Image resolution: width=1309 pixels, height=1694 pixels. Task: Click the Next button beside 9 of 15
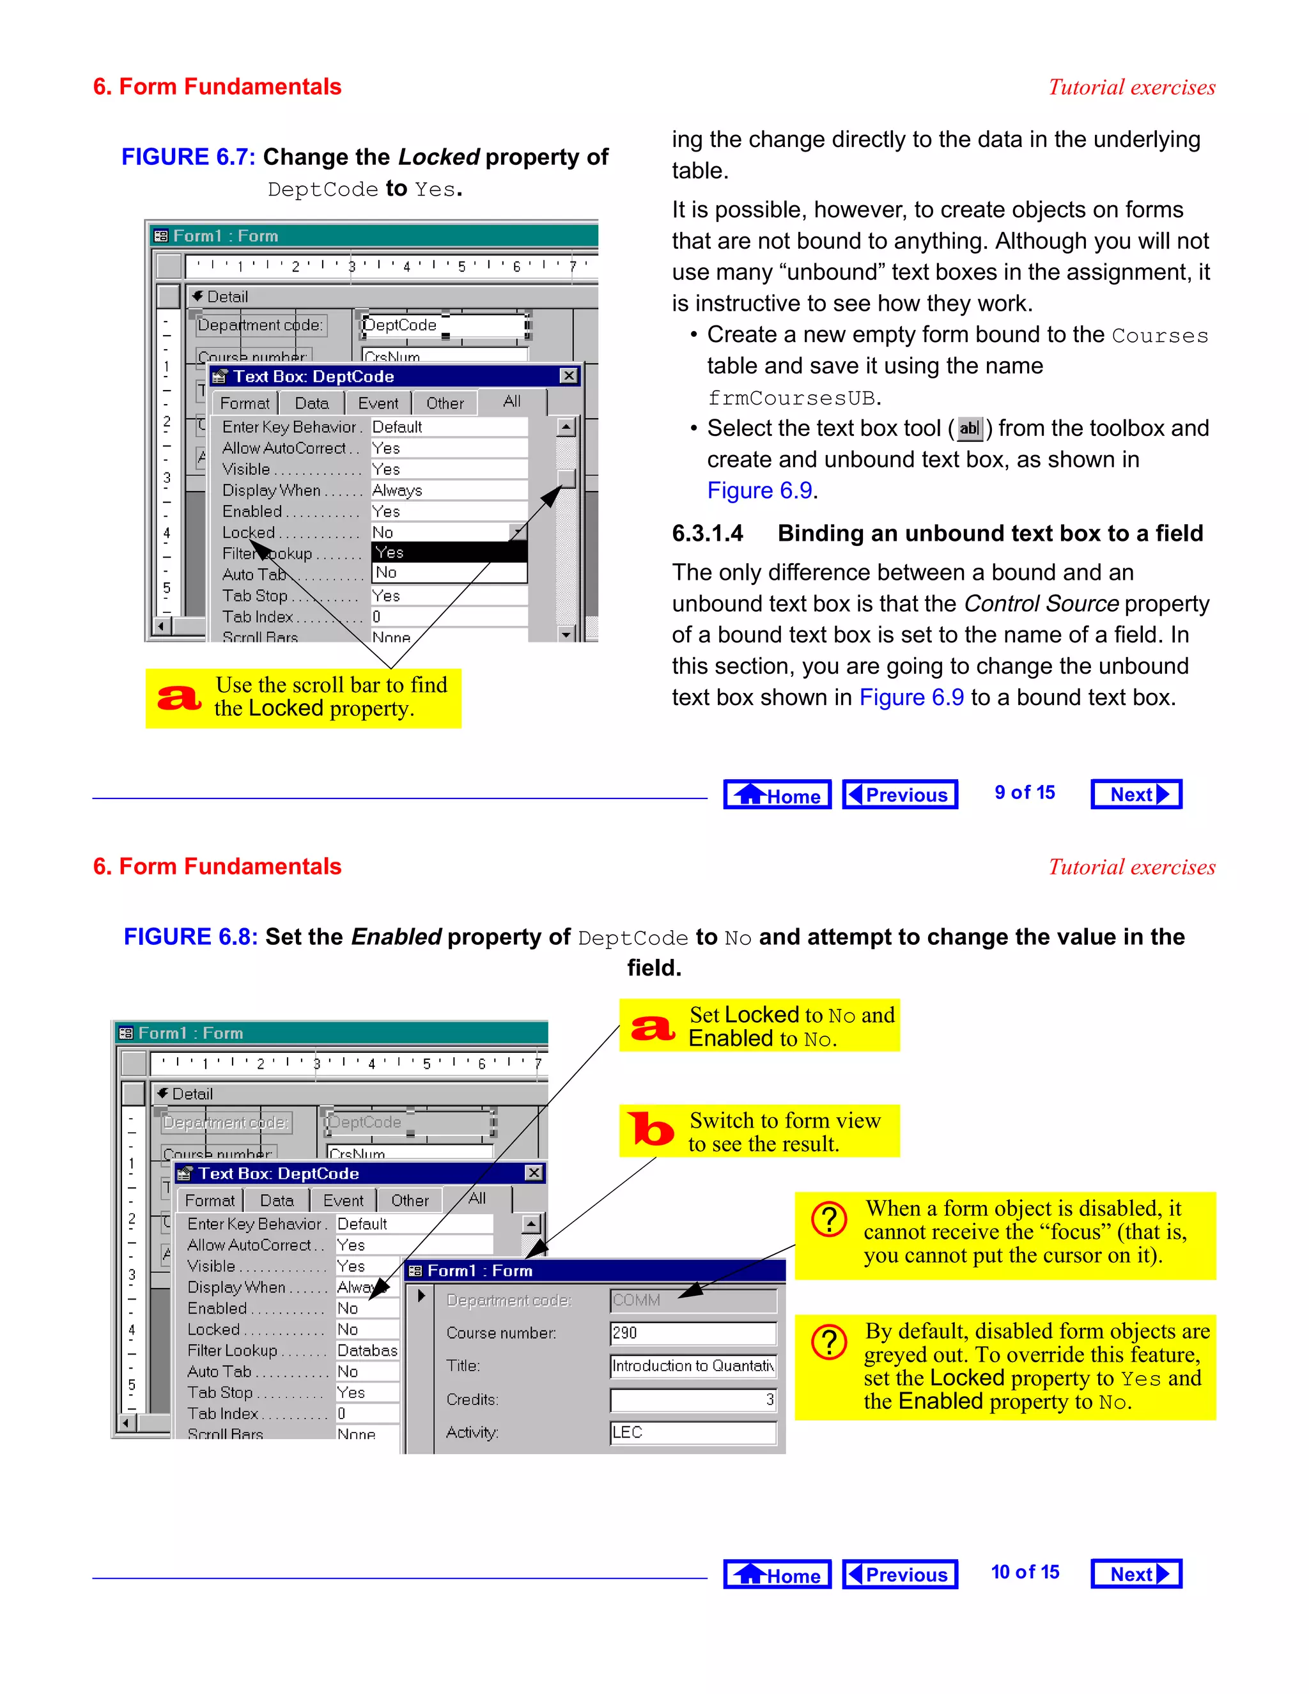tap(1135, 794)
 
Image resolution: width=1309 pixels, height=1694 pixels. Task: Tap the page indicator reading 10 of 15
tap(1025, 1573)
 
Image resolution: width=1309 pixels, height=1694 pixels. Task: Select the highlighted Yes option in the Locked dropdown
tap(448, 552)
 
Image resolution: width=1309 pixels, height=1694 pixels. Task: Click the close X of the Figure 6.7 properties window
tap(568, 375)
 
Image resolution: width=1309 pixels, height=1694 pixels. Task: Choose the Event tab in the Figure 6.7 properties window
tap(378, 403)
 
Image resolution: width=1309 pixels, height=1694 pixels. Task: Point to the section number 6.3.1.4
tap(708, 534)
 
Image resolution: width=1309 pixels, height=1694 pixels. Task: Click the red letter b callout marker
tap(651, 1130)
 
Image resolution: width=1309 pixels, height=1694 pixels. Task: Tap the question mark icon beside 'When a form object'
tap(829, 1219)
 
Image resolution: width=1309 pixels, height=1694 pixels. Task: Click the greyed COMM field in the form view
tap(692, 1300)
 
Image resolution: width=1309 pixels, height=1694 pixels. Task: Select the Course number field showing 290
tap(692, 1333)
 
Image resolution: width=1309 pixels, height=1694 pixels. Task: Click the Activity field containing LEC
tap(692, 1432)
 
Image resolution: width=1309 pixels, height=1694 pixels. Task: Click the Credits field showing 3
tap(692, 1399)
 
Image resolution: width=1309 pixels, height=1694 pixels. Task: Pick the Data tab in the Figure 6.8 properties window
tap(277, 1201)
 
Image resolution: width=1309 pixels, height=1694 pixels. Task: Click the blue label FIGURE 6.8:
tap(190, 937)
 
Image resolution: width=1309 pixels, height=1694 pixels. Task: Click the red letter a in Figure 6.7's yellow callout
tap(179, 697)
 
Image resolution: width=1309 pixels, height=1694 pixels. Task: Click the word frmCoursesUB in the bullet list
tap(792, 398)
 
